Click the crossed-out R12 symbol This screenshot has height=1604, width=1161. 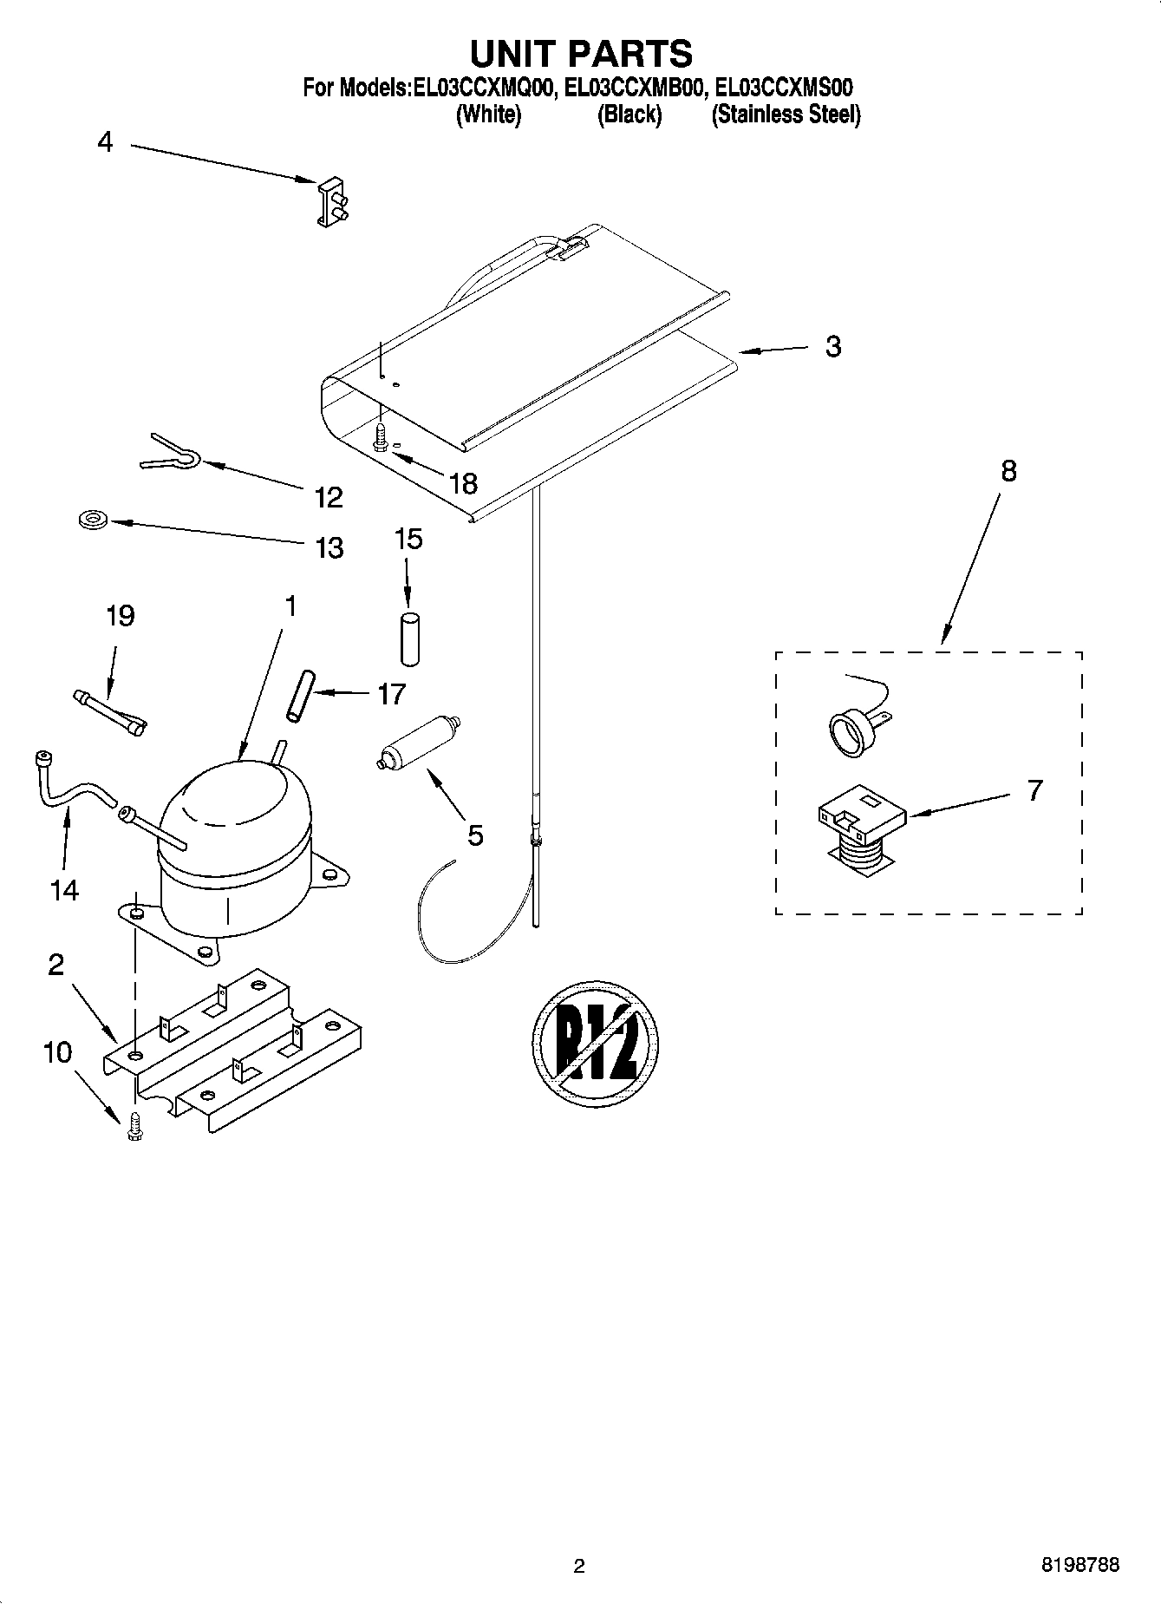pos(595,1043)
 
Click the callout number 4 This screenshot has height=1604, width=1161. pos(105,141)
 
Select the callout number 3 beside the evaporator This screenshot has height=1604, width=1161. pos(832,346)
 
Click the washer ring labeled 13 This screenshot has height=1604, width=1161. pos(90,520)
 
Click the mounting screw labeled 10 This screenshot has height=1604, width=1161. pos(134,1126)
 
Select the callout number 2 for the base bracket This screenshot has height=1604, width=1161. pos(56,964)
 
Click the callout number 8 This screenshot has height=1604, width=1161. pos(1008,471)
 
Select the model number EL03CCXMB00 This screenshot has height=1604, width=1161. pos(634,87)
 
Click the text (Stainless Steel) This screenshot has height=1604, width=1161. pos(786,114)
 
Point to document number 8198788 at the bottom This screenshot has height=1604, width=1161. pos(1079,1565)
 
